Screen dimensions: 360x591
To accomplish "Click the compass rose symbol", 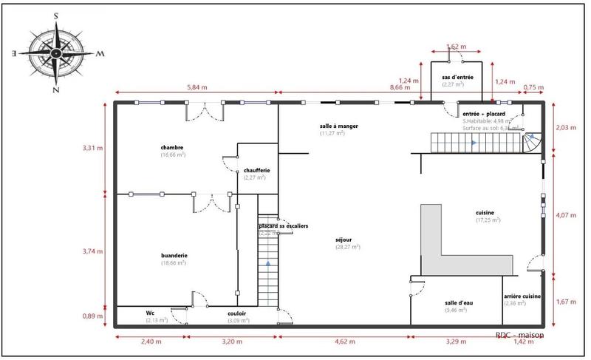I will [57, 52].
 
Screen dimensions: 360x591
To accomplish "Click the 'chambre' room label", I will [172, 147].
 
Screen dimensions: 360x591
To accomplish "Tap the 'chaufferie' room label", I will [252, 170].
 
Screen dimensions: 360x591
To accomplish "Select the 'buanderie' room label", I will [174, 256].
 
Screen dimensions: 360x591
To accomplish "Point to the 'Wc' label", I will [150, 313].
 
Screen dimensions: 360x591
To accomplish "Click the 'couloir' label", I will [237, 313].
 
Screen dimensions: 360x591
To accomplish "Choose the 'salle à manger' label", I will [339, 126].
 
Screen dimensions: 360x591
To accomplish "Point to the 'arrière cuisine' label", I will [522, 296].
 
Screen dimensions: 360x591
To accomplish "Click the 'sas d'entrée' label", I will [457, 77].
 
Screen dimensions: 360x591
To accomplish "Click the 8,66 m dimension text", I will [400, 87].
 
